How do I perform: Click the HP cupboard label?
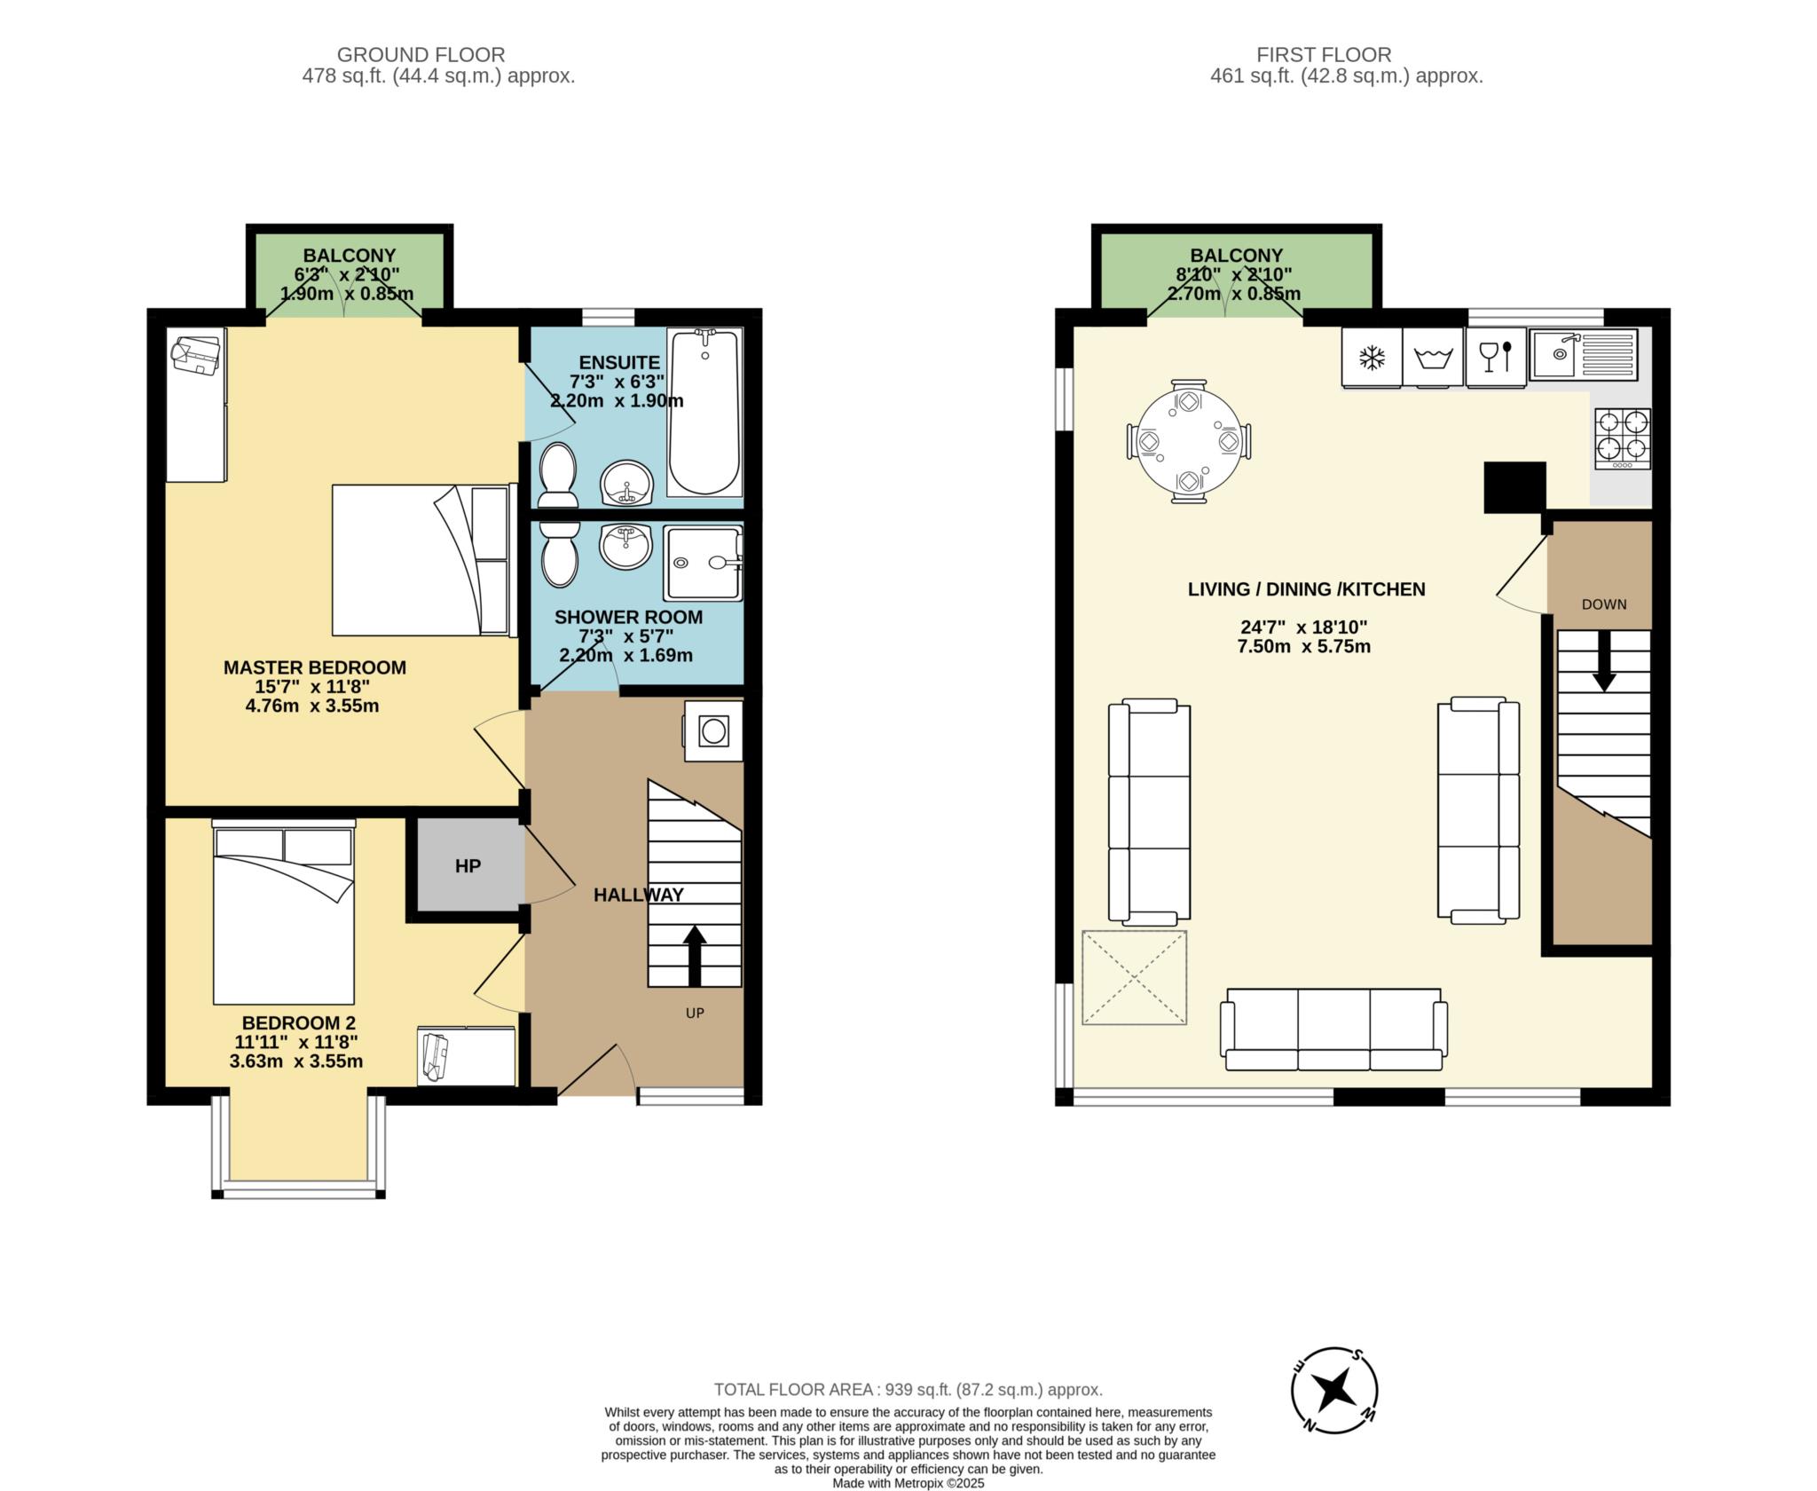(x=468, y=866)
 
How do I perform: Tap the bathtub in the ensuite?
(x=704, y=413)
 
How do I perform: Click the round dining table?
(x=1189, y=441)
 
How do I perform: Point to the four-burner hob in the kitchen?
(x=1623, y=438)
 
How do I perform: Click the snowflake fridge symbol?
(x=1373, y=358)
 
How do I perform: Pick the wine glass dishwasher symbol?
(x=1496, y=357)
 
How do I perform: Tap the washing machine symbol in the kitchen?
(x=1432, y=359)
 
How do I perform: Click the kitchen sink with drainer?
(x=1585, y=354)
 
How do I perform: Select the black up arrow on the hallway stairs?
(x=695, y=955)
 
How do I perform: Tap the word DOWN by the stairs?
(x=1604, y=604)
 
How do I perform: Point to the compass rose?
(x=1333, y=1390)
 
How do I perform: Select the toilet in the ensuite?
(x=557, y=475)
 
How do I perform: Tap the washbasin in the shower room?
(x=626, y=546)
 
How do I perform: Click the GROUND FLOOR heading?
(x=421, y=55)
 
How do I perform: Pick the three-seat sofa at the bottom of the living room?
(x=1334, y=1029)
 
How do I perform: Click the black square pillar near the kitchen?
(x=1515, y=487)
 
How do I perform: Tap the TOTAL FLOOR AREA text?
(x=908, y=1390)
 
